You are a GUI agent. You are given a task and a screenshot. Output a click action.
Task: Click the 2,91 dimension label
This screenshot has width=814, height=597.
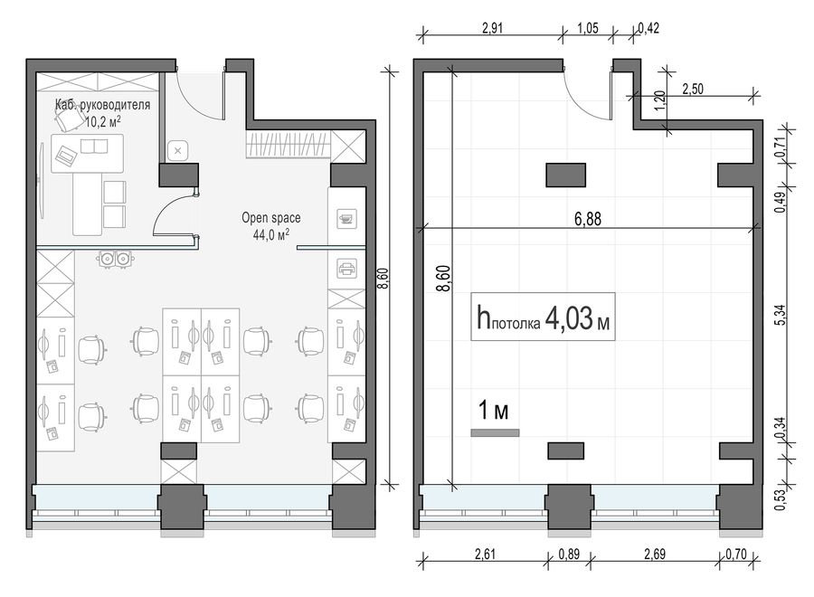pyautogui.click(x=492, y=28)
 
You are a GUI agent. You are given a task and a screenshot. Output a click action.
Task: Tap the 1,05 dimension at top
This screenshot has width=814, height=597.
pyautogui.click(x=588, y=28)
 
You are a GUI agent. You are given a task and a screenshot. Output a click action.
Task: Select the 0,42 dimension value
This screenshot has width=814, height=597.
pyautogui.click(x=648, y=28)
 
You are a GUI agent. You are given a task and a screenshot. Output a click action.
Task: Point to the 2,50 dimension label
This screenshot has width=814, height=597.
pyautogui.click(x=693, y=90)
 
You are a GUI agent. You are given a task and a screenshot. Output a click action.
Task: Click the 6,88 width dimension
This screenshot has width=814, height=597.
pyautogui.click(x=588, y=219)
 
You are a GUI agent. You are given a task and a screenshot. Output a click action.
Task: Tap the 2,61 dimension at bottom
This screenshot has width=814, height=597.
pyautogui.click(x=485, y=554)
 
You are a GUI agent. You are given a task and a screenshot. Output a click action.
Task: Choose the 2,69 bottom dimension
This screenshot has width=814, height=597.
pyautogui.click(x=655, y=554)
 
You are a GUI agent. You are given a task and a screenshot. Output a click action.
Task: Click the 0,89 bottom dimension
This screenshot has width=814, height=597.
pyautogui.click(x=569, y=554)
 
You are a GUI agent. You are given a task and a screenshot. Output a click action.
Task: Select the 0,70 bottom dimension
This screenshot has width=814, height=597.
pyautogui.click(x=735, y=554)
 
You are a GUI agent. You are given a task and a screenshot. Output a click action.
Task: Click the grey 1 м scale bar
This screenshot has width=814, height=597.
pyautogui.click(x=495, y=433)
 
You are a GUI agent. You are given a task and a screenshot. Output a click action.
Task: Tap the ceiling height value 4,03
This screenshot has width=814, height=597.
pyautogui.click(x=569, y=317)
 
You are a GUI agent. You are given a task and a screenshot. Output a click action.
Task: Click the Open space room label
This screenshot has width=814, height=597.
pyautogui.click(x=271, y=218)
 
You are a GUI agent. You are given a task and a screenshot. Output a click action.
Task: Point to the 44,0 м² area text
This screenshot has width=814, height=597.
pyautogui.click(x=271, y=234)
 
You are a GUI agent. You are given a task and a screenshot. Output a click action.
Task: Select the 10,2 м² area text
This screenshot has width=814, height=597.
pyautogui.click(x=103, y=122)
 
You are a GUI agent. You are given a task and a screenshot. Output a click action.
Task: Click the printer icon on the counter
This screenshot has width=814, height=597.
pyautogui.click(x=346, y=269)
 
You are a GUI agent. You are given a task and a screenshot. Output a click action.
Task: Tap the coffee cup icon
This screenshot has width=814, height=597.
pyautogui.click(x=345, y=219)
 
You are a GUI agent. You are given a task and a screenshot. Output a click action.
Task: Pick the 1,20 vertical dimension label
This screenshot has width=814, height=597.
pyautogui.click(x=659, y=100)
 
